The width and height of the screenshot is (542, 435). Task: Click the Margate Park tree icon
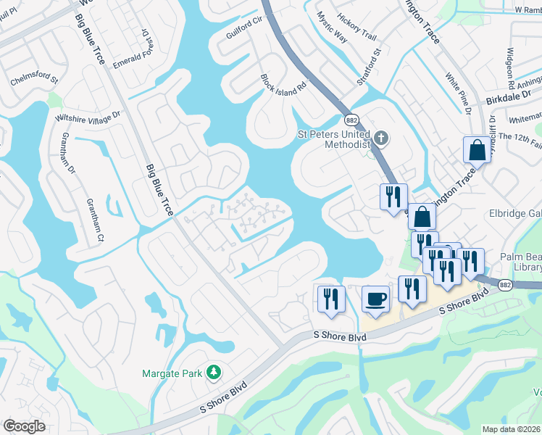point(213,373)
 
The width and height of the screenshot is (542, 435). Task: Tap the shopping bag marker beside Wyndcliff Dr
point(478,150)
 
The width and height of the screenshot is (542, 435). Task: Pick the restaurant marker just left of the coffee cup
point(330,298)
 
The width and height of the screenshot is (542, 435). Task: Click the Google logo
point(23,426)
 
